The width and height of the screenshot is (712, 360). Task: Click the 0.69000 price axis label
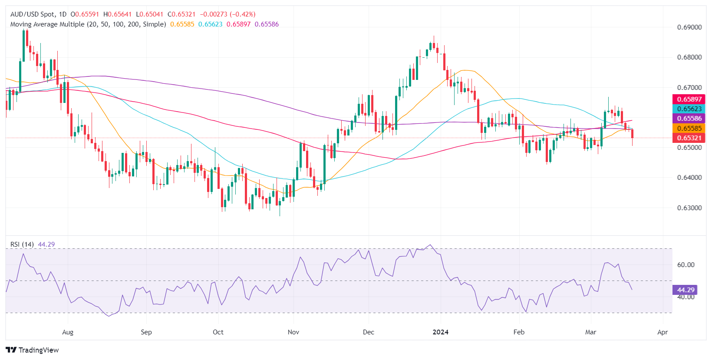coord(689,27)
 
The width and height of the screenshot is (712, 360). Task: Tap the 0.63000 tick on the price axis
coord(689,208)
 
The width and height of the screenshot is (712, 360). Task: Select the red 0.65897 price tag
coord(689,99)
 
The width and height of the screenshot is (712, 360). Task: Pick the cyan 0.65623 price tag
coord(689,109)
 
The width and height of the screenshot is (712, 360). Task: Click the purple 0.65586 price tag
coord(689,119)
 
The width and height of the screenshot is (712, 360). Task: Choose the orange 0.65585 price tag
coord(689,128)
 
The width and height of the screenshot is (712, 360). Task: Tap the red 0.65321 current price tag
coord(689,138)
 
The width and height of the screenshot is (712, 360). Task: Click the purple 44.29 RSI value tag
coord(686,290)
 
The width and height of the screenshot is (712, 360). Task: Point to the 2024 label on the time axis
coord(441,332)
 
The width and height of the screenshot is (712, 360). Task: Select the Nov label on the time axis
coord(293,332)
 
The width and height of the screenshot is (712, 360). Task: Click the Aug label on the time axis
coord(68,332)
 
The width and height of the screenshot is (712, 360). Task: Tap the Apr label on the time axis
coord(663,332)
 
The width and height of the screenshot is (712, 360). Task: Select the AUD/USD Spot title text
coord(33,14)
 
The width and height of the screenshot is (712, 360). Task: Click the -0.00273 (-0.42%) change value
coord(227,14)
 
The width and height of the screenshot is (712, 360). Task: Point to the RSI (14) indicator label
coord(22,244)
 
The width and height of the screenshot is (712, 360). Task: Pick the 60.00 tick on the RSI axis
coord(686,264)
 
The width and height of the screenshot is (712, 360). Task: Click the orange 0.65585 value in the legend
coord(182,24)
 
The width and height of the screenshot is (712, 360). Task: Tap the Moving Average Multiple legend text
coord(88,24)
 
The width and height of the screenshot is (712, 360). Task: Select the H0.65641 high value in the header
coord(117,14)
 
